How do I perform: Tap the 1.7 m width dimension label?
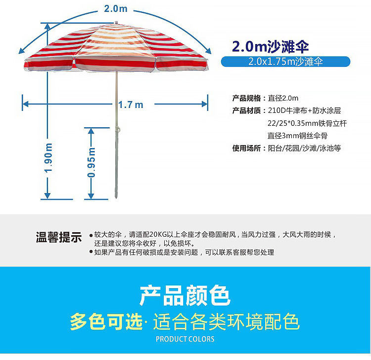pyautogui.click(x=131, y=104)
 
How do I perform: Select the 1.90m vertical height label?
pyautogui.click(x=48, y=157)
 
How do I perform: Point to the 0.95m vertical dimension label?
pyautogui.click(x=92, y=162)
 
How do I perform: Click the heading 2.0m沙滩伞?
pyautogui.click(x=271, y=47)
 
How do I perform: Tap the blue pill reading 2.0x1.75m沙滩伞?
pyautogui.click(x=285, y=62)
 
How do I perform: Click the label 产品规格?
pyautogui.click(x=246, y=98)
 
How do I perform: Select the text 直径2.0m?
pyautogui.click(x=283, y=98)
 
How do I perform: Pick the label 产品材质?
pyautogui.click(x=246, y=110)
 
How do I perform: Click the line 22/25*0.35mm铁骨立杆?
pyautogui.click(x=304, y=123)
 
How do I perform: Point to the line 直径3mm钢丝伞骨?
pyautogui.click(x=297, y=135)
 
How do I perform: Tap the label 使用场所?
pyautogui.click(x=246, y=148)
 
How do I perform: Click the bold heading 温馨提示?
pyautogui.click(x=58, y=237)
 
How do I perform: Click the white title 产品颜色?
pyautogui.click(x=185, y=296)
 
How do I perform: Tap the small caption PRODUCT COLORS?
pyautogui.click(x=185, y=339)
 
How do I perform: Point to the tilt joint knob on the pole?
pyautogui.click(x=119, y=130)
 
